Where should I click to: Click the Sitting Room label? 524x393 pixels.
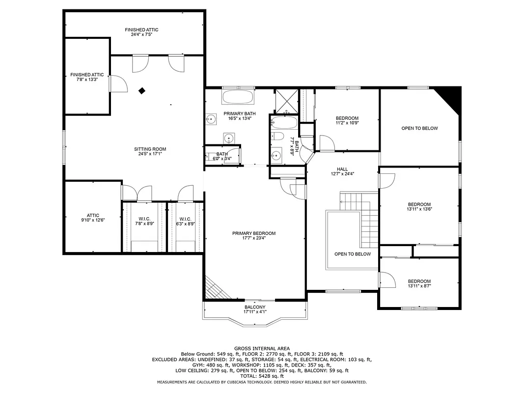150,151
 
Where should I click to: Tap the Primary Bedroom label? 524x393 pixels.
254,236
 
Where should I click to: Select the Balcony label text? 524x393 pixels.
255,309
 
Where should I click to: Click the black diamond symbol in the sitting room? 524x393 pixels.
142,90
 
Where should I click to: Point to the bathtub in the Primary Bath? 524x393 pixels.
238,96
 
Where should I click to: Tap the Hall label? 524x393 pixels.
342,171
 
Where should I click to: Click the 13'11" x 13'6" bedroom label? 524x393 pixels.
419,206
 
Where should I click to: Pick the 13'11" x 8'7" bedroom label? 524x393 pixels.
419,283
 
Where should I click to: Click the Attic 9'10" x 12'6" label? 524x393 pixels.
93,218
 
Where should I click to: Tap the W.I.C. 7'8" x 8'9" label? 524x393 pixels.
144,221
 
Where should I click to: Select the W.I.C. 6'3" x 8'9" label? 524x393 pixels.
185,221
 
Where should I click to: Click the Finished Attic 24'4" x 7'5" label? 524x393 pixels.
141,32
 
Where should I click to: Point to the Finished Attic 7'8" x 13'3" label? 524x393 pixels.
87,77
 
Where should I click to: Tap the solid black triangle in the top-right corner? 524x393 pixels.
451,95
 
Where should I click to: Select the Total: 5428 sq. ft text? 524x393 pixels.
262,375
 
